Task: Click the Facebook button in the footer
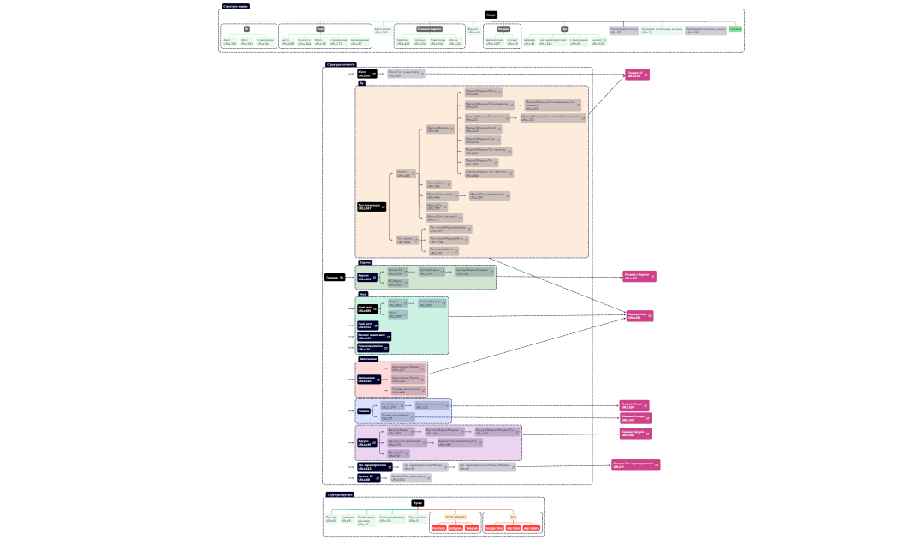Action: click(x=438, y=528)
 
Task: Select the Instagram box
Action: click(x=455, y=528)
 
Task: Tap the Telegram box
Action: click(x=473, y=528)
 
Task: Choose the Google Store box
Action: click(x=495, y=528)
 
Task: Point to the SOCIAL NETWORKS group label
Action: click(x=455, y=517)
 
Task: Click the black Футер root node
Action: click(x=418, y=503)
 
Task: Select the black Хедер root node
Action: click(x=491, y=15)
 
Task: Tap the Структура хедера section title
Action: click(x=236, y=6)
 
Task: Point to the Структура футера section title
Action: click(x=340, y=494)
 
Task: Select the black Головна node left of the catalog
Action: click(x=335, y=277)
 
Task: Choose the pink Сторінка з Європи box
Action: click(x=639, y=277)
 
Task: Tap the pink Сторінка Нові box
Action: click(x=640, y=316)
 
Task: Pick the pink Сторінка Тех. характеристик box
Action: click(x=636, y=465)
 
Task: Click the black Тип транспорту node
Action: click(x=372, y=207)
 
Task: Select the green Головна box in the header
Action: click(x=735, y=29)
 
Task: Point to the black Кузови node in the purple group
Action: click(x=368, y=443)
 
